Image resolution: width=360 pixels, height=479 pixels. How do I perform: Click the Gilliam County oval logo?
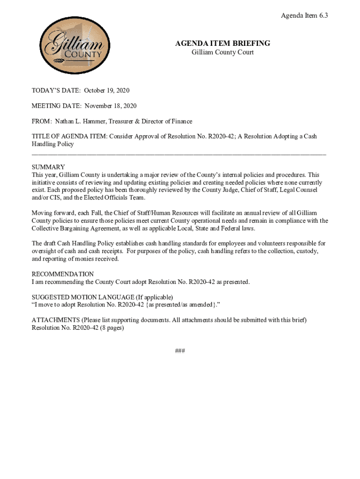coord(75,46)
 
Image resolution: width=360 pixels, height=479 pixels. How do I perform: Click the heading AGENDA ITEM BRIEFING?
coord(223,44)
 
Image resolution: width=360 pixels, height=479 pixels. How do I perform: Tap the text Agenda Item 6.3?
coord(304,16)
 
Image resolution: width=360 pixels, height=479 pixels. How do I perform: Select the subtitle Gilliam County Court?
coord(223,52)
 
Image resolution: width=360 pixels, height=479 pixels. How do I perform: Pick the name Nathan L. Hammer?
coord(80,122)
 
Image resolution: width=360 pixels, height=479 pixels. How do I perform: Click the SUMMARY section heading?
coord(48,167)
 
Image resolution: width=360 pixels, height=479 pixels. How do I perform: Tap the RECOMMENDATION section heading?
coord(63,274)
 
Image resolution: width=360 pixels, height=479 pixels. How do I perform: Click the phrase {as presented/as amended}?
coord(173,305)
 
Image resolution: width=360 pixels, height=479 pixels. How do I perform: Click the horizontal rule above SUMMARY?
coord(179,153)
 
